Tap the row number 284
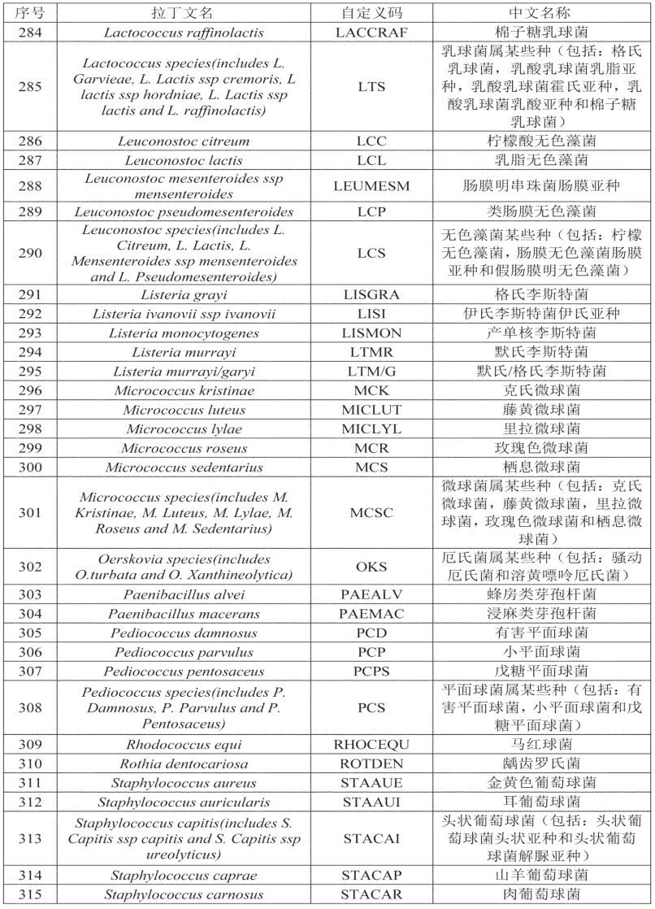pos(30,32)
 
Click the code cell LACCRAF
pos(371,32)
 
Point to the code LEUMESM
pos(371,185)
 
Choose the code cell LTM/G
pos(371,371)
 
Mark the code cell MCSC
pos(371,512)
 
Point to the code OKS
pos(371,568)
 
